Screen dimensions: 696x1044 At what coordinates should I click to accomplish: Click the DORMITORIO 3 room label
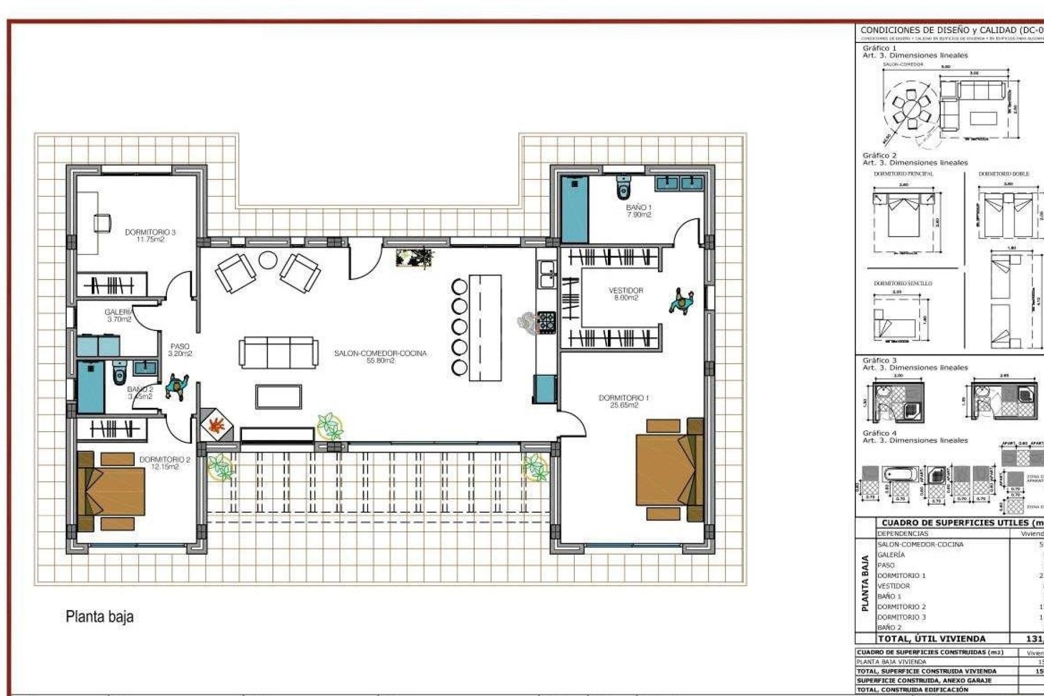tap(150, 235)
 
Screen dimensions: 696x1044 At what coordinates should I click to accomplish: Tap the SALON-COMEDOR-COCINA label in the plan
tap(380, 356)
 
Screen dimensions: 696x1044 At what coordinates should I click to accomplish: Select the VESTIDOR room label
tap(625, 294)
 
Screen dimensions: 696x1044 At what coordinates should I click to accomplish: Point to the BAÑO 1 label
tap(638, 210)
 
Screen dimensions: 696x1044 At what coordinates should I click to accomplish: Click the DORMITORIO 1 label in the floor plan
tap(624, 401)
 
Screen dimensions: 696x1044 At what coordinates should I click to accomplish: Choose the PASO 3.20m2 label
tap(180, 350)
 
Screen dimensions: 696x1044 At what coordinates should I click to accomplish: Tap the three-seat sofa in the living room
tap(278, 352)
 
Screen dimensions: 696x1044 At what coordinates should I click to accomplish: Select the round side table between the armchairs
tap(268, 260)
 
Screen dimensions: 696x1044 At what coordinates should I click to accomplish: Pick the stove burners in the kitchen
tap(546, 322)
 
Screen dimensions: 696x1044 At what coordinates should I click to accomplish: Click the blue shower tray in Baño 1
tap(574, 209)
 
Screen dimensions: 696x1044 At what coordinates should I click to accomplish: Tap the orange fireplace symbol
tap(216, 424)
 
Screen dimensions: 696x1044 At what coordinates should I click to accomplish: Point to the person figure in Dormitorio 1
tap(681, 301)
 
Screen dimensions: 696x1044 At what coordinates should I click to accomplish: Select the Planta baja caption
tap(100, 617)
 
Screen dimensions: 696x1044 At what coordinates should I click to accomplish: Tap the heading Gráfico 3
tap(879, 361)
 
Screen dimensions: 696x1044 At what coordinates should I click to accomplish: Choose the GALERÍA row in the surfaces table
tap(891, 555)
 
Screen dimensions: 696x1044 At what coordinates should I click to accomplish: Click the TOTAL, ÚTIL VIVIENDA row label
tap(931, 639)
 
